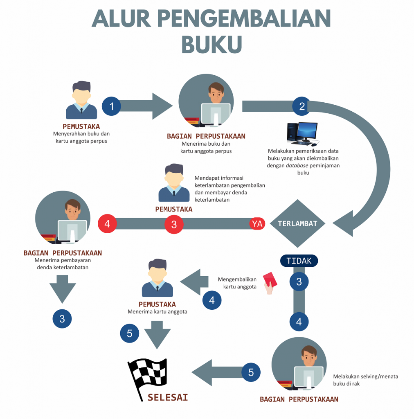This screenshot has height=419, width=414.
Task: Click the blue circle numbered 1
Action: point(111,106)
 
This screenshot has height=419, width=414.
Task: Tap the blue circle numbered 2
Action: point(302,106)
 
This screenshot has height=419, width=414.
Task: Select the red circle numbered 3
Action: point(174,224)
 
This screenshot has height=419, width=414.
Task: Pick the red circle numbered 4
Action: point(107,224)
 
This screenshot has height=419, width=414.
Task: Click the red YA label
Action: point(257,224)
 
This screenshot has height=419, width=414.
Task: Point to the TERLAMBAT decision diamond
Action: point(297,224)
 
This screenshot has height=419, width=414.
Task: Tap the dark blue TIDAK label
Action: point(299,261)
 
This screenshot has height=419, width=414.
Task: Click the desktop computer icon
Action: point(303,134)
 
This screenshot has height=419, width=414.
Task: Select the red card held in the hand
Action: point(270,279)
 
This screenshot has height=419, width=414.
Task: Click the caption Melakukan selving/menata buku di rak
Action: point(365,380)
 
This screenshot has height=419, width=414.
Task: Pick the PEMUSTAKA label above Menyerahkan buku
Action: point(81,126)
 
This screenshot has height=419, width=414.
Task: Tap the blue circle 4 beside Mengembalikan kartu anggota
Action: point(211,300)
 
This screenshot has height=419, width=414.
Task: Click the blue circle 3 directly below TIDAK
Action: point(299,282)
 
